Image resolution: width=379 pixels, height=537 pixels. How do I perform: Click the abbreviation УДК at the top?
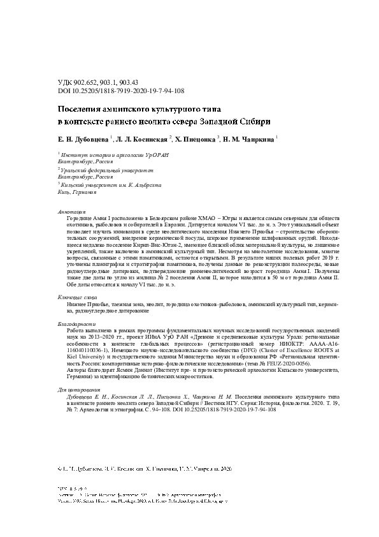pos(66,84)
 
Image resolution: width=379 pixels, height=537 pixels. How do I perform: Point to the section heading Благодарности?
pos(75,325)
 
